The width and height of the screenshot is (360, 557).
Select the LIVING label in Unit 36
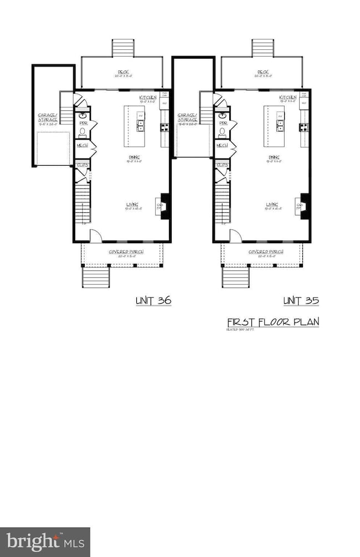[x=132, y=205]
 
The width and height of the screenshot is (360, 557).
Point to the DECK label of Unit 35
[x=263, y=72]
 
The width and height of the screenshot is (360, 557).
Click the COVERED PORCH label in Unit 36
[x=126, y=252]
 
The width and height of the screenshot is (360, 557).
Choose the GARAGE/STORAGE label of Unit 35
[x=187, y=117]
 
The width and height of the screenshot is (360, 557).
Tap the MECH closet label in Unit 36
[x=82, y=145]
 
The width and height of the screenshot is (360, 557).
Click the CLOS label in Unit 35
[x=222, y=165]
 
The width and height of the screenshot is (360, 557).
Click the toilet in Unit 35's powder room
[x=223, y=132]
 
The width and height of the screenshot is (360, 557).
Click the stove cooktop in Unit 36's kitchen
[x=164, y=127]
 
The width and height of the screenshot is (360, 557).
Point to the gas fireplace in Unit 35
[x=303, y=206]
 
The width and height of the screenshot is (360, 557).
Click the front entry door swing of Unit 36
[x=95, y=236]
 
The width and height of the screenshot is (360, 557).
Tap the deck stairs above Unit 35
[x=262, y=47]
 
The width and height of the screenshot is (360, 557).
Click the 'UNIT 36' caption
[x=153, y=301]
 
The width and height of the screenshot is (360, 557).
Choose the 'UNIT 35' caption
[x=301, y=301]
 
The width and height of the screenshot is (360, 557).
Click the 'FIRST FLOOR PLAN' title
[x=273, y=322]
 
